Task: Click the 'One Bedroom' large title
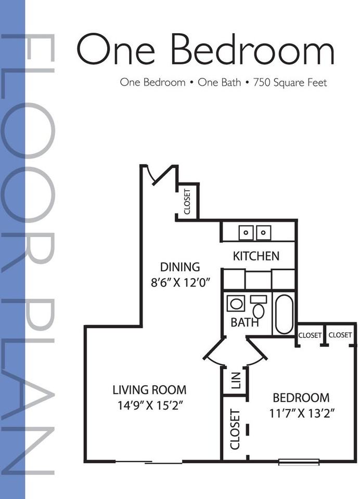pyautogui.click(x=205, y=49)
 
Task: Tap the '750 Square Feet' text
pyautogui.click(x=290, y=82)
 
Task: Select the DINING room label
pyautogui.click(x=179, y=267)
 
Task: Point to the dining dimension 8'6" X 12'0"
pyautogui.click(x=179, y=284)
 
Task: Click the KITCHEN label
pyautogui.click(x=255, y=256)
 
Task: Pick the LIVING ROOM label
pyautogui.click(x=149, y=389)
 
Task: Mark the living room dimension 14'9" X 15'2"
pyautogui.click(x=149, y=405)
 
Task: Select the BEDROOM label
pyautogui.click(x=301, y=398)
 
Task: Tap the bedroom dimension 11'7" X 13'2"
pyautogui.click(x=301, y=414)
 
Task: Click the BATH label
pyautogui.click(x=245, y=322)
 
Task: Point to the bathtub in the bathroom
pyautogui.click(x=284, y=313)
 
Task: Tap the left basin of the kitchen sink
pyautogui.click(x=246, y=232)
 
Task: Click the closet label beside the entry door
pyautogui.click(x=188, y=201)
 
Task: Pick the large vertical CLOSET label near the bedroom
pyautogui.click(x=235, y=430)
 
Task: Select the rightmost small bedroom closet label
pyautogui.click(x=340, y=335)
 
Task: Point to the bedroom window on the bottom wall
pyautogui.click(x=299, y=461)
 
